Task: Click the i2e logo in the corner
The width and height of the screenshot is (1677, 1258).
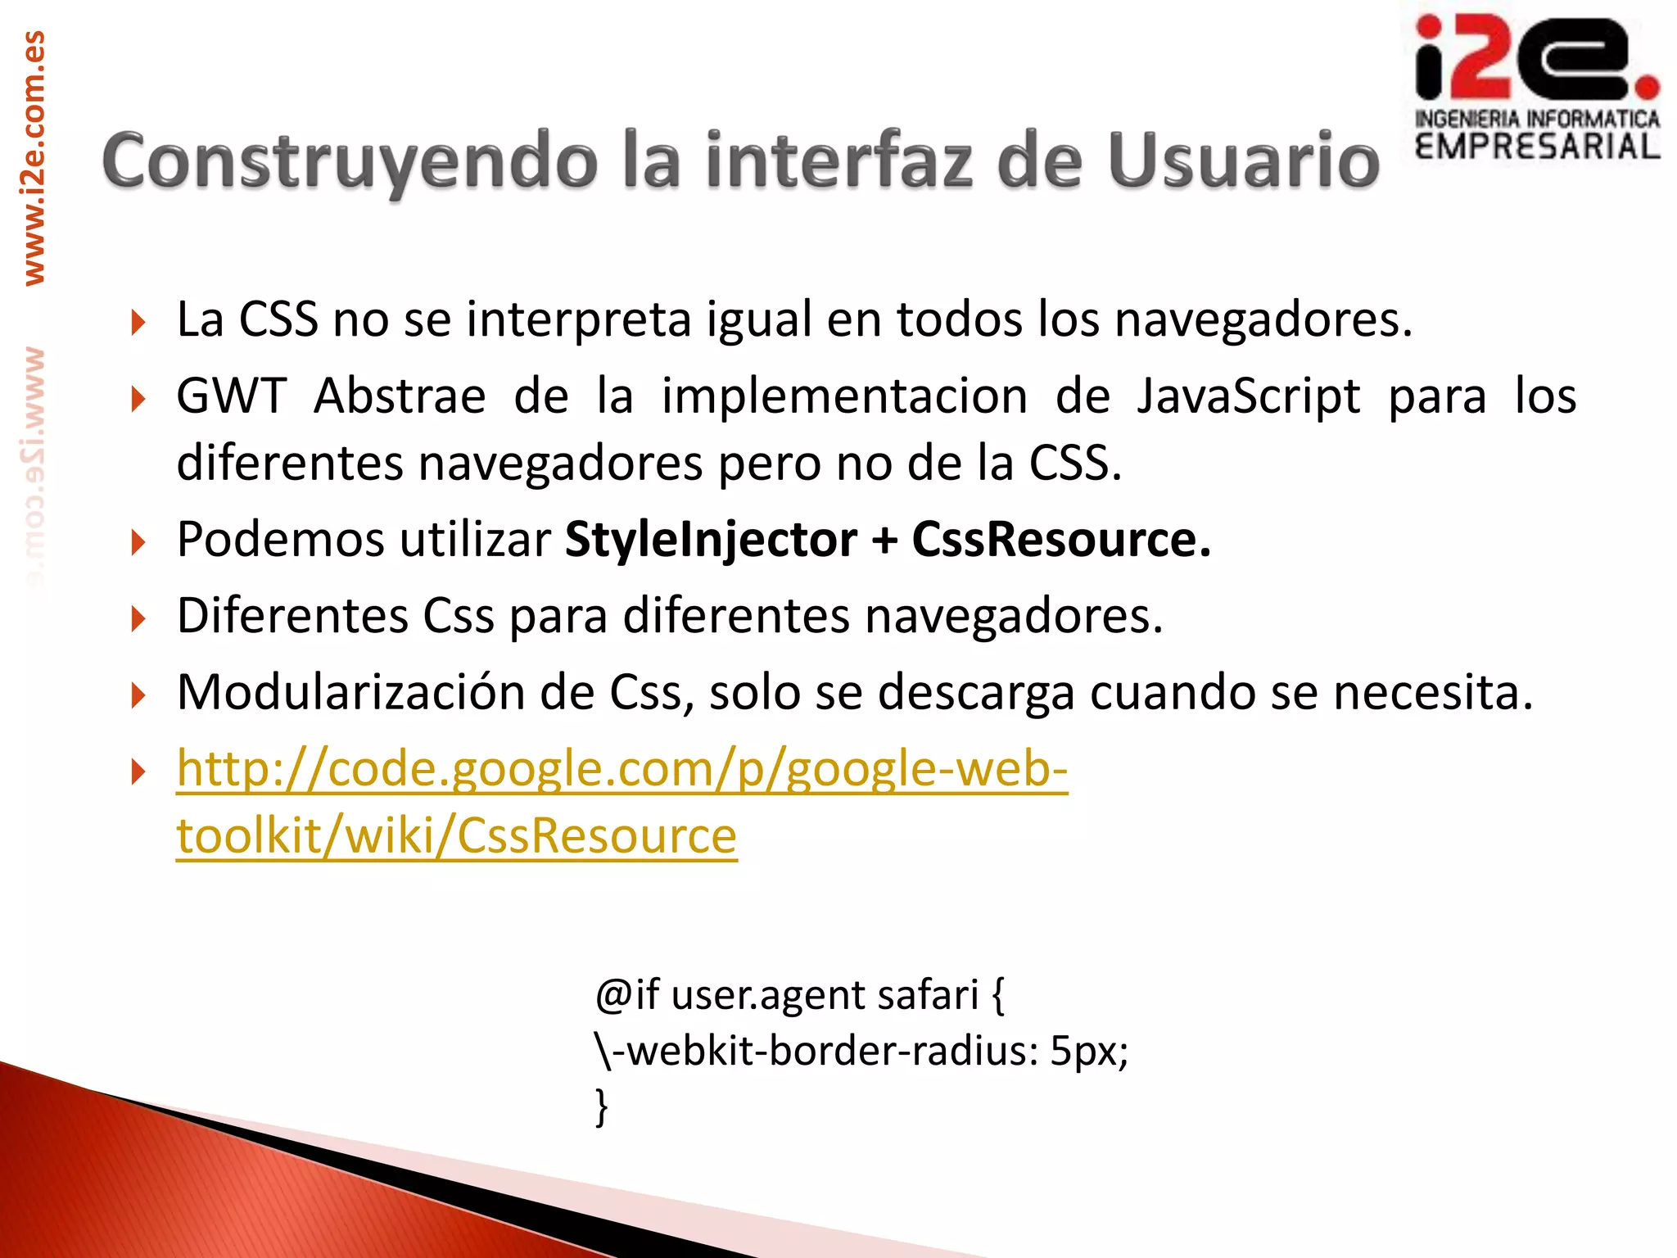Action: (1535, 59)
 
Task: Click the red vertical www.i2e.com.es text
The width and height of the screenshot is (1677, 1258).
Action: (34, 158)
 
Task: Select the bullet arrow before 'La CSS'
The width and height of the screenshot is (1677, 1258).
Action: (138, 323)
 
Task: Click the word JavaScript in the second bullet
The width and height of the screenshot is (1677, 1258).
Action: (1248, 396)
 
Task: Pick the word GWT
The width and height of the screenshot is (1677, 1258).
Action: (231, 396)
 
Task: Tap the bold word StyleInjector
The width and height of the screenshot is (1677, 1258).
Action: (711, 540)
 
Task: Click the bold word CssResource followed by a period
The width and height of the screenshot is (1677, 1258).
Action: (1060, 540)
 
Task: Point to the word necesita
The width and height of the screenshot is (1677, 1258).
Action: (1432, 693)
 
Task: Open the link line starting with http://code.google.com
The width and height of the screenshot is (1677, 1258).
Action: (622, 769)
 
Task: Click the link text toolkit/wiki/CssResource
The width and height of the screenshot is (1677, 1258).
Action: (456, 836)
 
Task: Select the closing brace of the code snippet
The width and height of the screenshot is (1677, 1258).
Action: (602, 1106)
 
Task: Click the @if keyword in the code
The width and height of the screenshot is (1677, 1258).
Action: (627, 995)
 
